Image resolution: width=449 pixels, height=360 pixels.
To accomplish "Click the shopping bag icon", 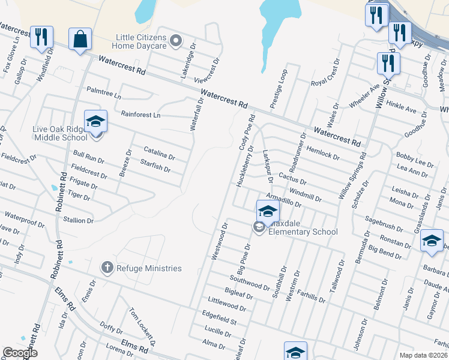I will [x=80, y=40].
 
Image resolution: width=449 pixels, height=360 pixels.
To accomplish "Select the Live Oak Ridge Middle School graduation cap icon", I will [x=95, y=122].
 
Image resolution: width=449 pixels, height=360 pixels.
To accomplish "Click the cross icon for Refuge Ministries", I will [x=107, y=268].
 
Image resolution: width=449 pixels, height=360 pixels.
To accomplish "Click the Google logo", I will [x=20, y=353].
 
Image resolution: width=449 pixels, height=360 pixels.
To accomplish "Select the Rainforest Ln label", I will [x=141, y=115].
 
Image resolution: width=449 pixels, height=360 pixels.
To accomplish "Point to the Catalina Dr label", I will [x=159, y=154].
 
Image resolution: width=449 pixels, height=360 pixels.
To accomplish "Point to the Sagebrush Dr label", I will [x=384, y=224].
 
